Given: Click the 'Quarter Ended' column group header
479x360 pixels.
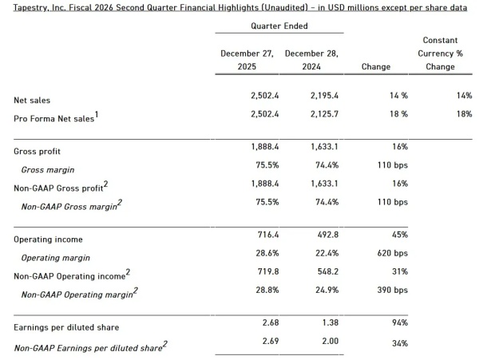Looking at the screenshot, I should click(279, 26).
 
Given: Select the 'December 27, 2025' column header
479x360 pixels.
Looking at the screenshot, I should click(247, 60).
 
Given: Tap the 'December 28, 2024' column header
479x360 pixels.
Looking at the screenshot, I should click(311, 60).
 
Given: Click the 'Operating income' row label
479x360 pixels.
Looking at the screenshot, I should click(48, 239).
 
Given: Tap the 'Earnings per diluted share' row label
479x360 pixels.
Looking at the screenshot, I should click(66, 327).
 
